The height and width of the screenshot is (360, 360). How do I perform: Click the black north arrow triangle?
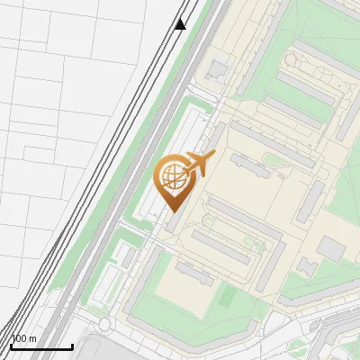click(x=181, y=23)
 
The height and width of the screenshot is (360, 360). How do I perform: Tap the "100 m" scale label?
click(x=23, y=338)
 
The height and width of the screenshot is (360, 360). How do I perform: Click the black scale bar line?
click(x=40, y=346)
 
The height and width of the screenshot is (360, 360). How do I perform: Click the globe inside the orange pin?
click(x=173, y=178)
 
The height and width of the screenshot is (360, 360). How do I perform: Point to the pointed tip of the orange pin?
click(x=173, y=211)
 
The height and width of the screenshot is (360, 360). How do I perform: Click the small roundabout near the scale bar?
click(x=105, y=324)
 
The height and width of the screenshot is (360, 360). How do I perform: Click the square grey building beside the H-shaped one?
click(x=330, y=249)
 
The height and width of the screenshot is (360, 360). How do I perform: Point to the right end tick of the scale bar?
click(x=72, y=345)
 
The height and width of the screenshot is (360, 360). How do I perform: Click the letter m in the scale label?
click(x=33, y=338)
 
